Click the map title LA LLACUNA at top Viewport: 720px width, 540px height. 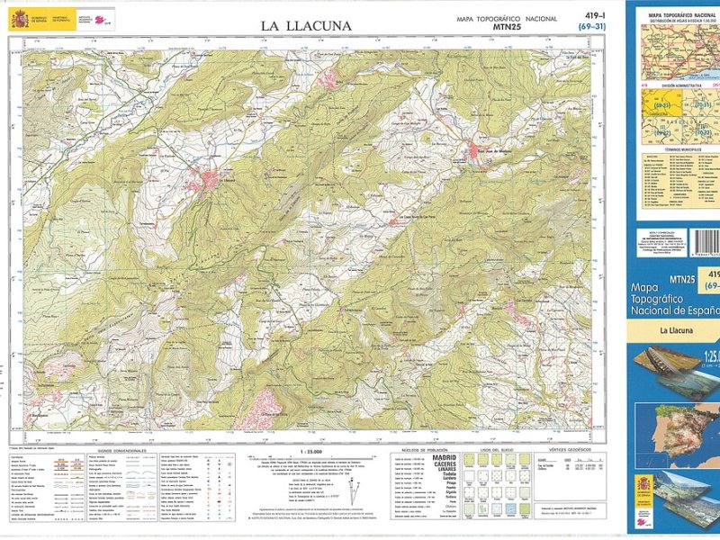pos(306,25)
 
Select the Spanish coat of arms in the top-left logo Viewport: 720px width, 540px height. pos(18,19)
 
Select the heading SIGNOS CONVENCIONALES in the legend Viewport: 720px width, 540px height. pos(121,451)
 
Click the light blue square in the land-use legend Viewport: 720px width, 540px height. pos(510,508)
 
